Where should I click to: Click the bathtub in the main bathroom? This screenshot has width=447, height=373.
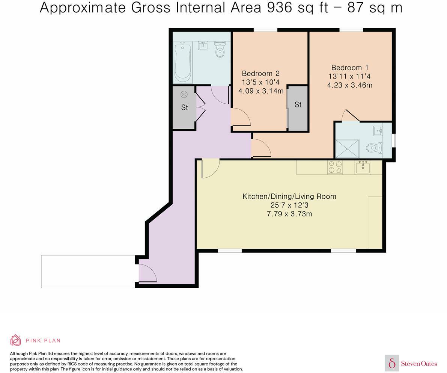(x=182, y=62)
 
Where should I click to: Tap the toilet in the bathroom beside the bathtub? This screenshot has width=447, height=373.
(x=220, y=50)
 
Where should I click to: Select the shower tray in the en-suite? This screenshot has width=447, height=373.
(x=347, y=148)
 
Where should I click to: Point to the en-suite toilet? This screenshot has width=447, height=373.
(x=374, y=148)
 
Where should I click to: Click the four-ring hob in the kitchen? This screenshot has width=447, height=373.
(x=335, y=167)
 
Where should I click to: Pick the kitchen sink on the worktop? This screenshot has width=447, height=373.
(x=363, y=167)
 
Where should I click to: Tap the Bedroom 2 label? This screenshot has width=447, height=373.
(x=260, y=73)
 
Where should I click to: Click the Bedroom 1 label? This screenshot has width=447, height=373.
(x=350, y=68)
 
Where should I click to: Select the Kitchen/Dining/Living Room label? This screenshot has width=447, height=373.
(x=289, y=196)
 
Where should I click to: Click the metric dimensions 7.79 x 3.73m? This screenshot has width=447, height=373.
(x=289, y=214)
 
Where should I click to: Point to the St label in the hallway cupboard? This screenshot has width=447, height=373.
(x=184, y=107)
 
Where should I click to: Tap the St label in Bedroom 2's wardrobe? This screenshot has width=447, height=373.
(x=298, y=105)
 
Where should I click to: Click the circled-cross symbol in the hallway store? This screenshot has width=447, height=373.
(x=184, y=94)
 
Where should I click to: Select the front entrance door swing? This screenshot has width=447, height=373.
(x=147, y=273)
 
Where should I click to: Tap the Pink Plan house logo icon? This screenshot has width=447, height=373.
(x=16, y=340)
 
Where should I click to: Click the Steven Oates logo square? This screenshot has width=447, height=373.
(x=392, y=363)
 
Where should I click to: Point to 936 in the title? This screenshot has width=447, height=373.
(x=280, y=8)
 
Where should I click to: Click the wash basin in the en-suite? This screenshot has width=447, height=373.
(x=378, y=130)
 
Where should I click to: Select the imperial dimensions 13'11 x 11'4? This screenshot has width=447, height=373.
(x=350, y=77)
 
